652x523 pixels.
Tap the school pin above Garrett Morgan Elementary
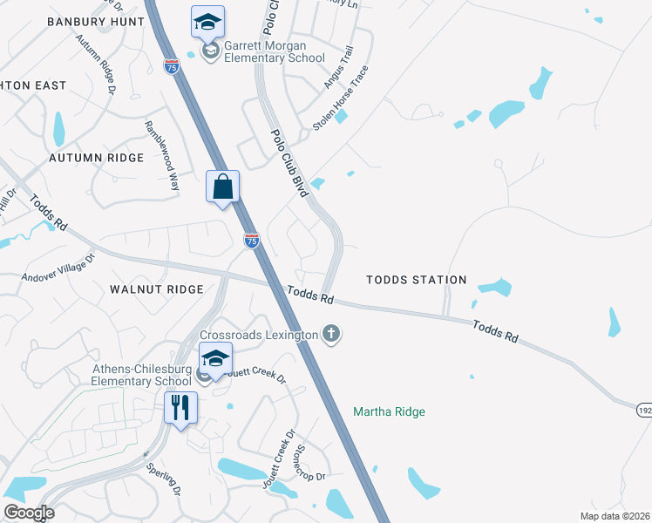tap(207, 22)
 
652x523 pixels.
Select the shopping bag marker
tap(222, 187)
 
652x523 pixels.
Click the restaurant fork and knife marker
tap(181, 407)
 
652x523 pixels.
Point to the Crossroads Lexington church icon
tap(330, 333)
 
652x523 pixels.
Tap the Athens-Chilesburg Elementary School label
tap(142, 374)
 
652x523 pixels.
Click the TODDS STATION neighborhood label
tap(416, 280)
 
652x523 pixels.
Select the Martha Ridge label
tap(389, 411)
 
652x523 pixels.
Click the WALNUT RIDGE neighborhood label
tap(157, 289)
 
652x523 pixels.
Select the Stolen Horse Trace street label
tap(341, 99)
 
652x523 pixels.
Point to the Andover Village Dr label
tap(58, 268)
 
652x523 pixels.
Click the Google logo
tap(29, 513)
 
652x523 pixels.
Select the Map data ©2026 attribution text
tap(615, 516)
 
